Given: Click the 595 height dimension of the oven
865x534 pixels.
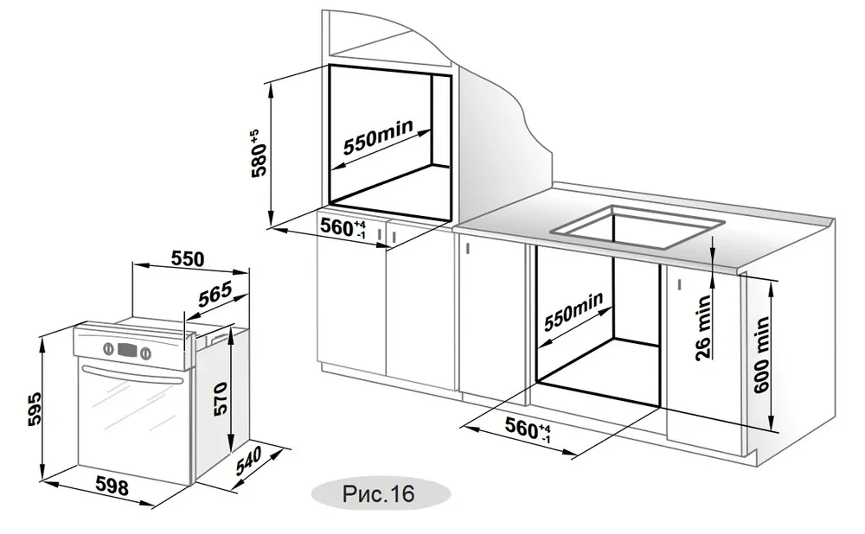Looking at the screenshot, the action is coord(35,409).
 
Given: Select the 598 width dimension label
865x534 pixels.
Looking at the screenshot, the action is coord(112,486).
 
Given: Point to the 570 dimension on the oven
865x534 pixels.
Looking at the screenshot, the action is coord(219,398).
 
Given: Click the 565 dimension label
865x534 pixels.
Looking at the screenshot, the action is coord(215,296).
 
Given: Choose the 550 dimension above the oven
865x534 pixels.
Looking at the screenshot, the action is coord(187,257).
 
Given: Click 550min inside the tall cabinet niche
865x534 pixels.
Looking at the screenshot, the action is coord(378,137).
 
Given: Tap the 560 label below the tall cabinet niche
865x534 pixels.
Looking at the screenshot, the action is coord(343,227).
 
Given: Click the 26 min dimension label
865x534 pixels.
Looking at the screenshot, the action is coord(702,327).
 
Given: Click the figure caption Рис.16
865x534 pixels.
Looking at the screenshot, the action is coord(378,493).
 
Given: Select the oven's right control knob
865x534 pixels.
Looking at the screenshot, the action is coord(145,353).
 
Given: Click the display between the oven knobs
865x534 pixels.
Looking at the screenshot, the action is coord(126,350).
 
